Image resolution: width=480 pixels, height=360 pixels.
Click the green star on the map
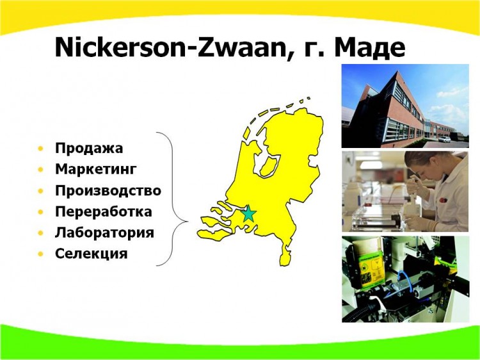click(248, 213)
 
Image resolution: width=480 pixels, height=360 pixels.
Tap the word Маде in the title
click(370, 49)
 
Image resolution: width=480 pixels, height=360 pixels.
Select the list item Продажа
click(89, 148)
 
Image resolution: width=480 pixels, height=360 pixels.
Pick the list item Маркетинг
click(96, 169)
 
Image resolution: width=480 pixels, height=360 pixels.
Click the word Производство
click(108, 191)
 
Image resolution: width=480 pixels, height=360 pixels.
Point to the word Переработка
click(104, 212)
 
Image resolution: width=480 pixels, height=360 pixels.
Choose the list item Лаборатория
click(104, 233)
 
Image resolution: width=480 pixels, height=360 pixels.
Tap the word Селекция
click(92, 254)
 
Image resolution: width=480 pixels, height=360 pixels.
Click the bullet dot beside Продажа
click(41, 149)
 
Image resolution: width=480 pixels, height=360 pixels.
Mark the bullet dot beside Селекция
click(41, 254)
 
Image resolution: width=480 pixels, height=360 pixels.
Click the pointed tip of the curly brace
click(188, 221)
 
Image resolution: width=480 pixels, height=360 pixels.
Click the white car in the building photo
click(445, 140)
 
